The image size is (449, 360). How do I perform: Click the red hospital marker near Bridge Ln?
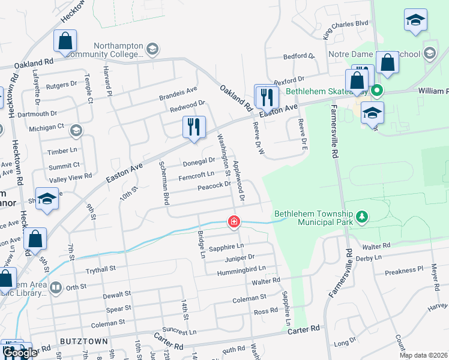[234, 222]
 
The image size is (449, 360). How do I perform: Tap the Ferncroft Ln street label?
[196, 175]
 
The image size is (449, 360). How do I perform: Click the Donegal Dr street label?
[199, 161]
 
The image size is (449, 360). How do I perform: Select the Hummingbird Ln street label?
[244, 269]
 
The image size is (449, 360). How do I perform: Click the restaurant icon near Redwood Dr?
[193, 127]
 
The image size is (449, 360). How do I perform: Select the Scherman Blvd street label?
[163, 183]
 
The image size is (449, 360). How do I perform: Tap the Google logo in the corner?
[19, 353]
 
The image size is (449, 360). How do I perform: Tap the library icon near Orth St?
[56, 287]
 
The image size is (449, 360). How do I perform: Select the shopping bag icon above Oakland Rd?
[65, 41]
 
